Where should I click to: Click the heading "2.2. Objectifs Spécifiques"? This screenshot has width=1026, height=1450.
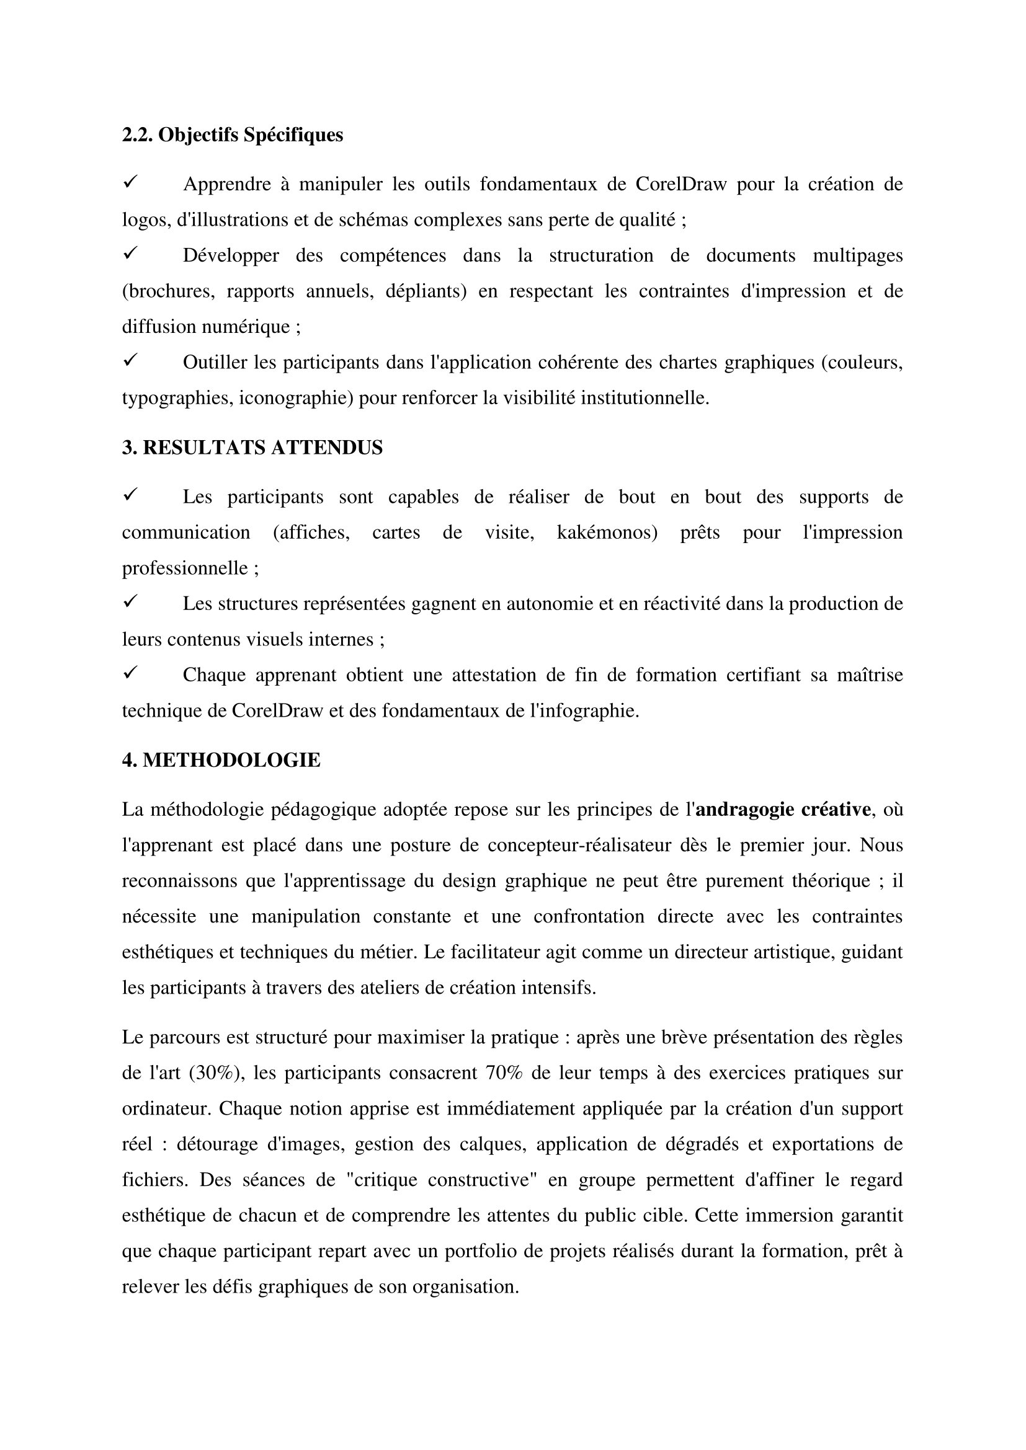coord(233,135)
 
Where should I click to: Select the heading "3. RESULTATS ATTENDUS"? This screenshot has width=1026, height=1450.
coord(252,448)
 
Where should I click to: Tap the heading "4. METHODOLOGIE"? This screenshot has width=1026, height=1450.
coord(221,760)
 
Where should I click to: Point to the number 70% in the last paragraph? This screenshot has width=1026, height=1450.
coord(504,1073)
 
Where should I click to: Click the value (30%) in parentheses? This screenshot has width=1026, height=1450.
coord(215,1073)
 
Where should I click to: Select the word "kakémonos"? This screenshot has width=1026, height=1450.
coord(607,533)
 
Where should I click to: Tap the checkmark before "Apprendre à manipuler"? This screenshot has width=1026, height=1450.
coord(130,182)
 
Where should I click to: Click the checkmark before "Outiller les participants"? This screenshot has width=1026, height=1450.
coord(130,361)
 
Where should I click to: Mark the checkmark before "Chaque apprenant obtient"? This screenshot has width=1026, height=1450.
coord(130,673)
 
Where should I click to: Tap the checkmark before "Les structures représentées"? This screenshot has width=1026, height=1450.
coord(130,602)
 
